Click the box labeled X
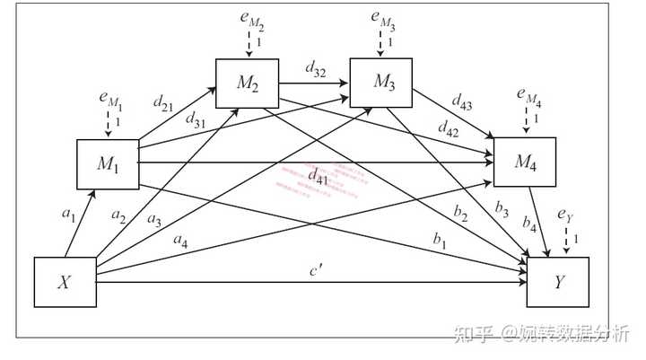tap(64, 281)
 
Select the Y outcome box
tap(558, 281)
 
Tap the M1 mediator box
tap(108, 164)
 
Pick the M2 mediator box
tap(247, 84)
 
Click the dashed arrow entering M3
tap(380, 42)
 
